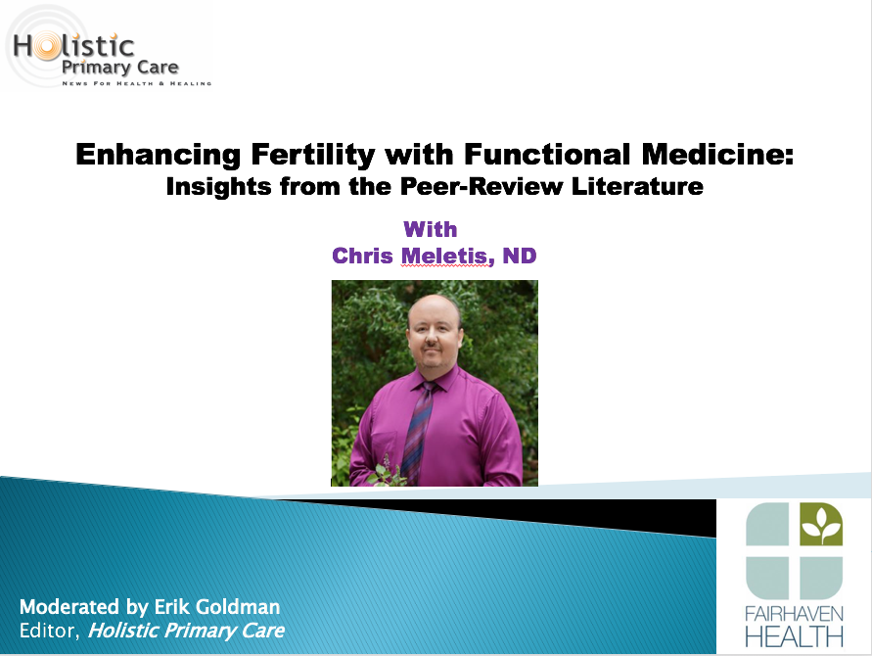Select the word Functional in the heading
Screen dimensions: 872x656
pyautogui.click(x=547, y=154)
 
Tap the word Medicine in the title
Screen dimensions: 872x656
pyautogui.click(x=717, y=154)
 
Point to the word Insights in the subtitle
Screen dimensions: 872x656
pyautogui.click(x=218, y=187)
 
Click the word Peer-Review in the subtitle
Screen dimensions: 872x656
pyautogui.click(x=482, y=186)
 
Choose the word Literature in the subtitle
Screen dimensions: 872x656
pyautogui.click(x=637, y=186)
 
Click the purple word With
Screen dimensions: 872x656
pyautogui.click(x=431, y=229)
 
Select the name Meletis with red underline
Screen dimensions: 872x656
pyautogui.click(x=447, y=256)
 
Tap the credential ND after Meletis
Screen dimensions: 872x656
pyautogui.click(x=520, y=256)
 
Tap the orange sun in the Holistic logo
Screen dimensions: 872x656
pyautogui.click(x=47, y=46)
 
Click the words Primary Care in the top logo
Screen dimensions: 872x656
pyautogui.click(x=120, y=68)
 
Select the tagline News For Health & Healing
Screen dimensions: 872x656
pyautogui.click(x=137, y=83)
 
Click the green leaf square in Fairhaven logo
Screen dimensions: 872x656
pyautogui.click(x=821, y=524)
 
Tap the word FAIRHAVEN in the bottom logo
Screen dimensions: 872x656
pyautogui.click(x=794, y=614)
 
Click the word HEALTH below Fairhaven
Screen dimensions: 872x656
pyautogui.click(x=794, y=637)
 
